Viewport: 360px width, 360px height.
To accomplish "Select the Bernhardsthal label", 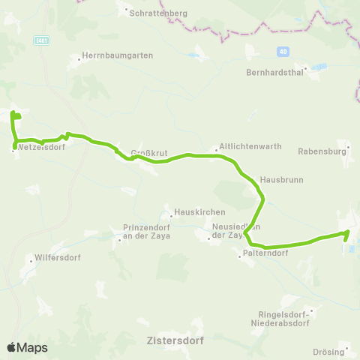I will pyautogui.click(x=274, y=73).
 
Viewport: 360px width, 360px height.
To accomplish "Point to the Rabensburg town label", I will pyautogui.click(x=325, y=150).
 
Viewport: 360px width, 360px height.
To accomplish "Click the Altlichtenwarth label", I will pyautogui.click(x=250, y=147).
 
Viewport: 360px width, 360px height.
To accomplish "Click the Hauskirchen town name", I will pyautogui.click(x=194, y=212).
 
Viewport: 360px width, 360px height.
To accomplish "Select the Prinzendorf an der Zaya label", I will pyautogui.click(x=146, y=231).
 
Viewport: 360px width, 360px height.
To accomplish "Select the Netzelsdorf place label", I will pyautogui.click(x=40, y=147).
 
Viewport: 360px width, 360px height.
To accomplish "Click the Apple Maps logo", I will pyautogui.click(x=27, y=347).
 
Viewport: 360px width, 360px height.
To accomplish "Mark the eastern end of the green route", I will pyautogui.click(x=348, y=233).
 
